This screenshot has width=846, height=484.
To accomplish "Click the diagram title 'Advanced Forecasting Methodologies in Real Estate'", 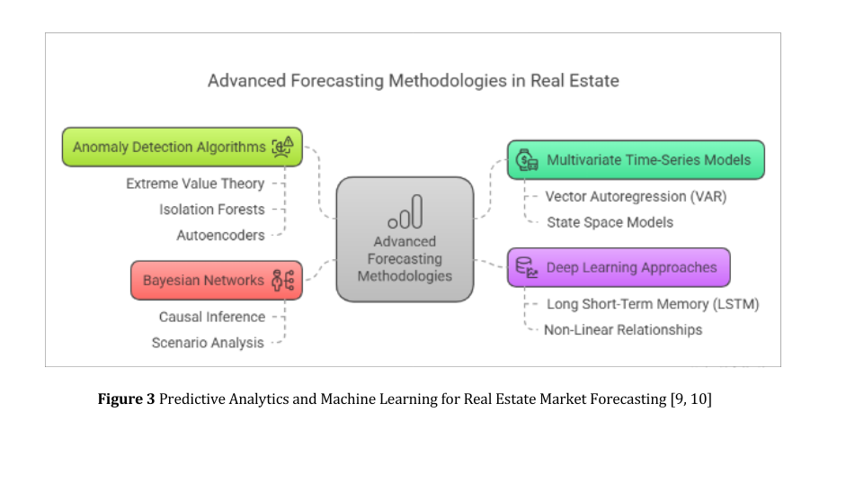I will tap(413, 81).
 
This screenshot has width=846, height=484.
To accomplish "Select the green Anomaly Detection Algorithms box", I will tap(182, 147).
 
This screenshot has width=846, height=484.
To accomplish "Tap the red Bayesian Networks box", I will tap(218, 280).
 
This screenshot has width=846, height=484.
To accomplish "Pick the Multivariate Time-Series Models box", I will tap(635, 160).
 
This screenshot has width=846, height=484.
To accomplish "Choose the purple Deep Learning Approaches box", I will tap(618, 267).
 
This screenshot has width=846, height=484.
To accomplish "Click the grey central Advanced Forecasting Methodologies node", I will tap(405, 239).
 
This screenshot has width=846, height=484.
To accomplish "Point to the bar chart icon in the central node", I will tap(405, 212).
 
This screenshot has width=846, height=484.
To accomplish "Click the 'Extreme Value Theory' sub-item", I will tap(195, 184).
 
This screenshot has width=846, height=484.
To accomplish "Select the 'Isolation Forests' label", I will tap(212, 210).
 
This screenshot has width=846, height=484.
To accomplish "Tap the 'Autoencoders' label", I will tap(220, 235).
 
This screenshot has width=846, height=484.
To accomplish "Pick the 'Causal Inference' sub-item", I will tap(212, 317).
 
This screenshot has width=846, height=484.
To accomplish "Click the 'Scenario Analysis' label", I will tap(208, 343).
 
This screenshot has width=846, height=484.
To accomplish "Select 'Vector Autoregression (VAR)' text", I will tap(636, 196).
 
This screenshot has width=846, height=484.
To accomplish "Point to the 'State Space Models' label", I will tap(610, 222).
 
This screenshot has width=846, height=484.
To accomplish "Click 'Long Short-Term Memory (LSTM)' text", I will tap(653, 304).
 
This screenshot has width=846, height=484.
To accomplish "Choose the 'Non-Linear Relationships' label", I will tap(623, 329).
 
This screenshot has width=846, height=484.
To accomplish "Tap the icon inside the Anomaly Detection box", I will tap(282, 147).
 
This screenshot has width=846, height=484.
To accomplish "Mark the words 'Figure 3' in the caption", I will tap(126, 399).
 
